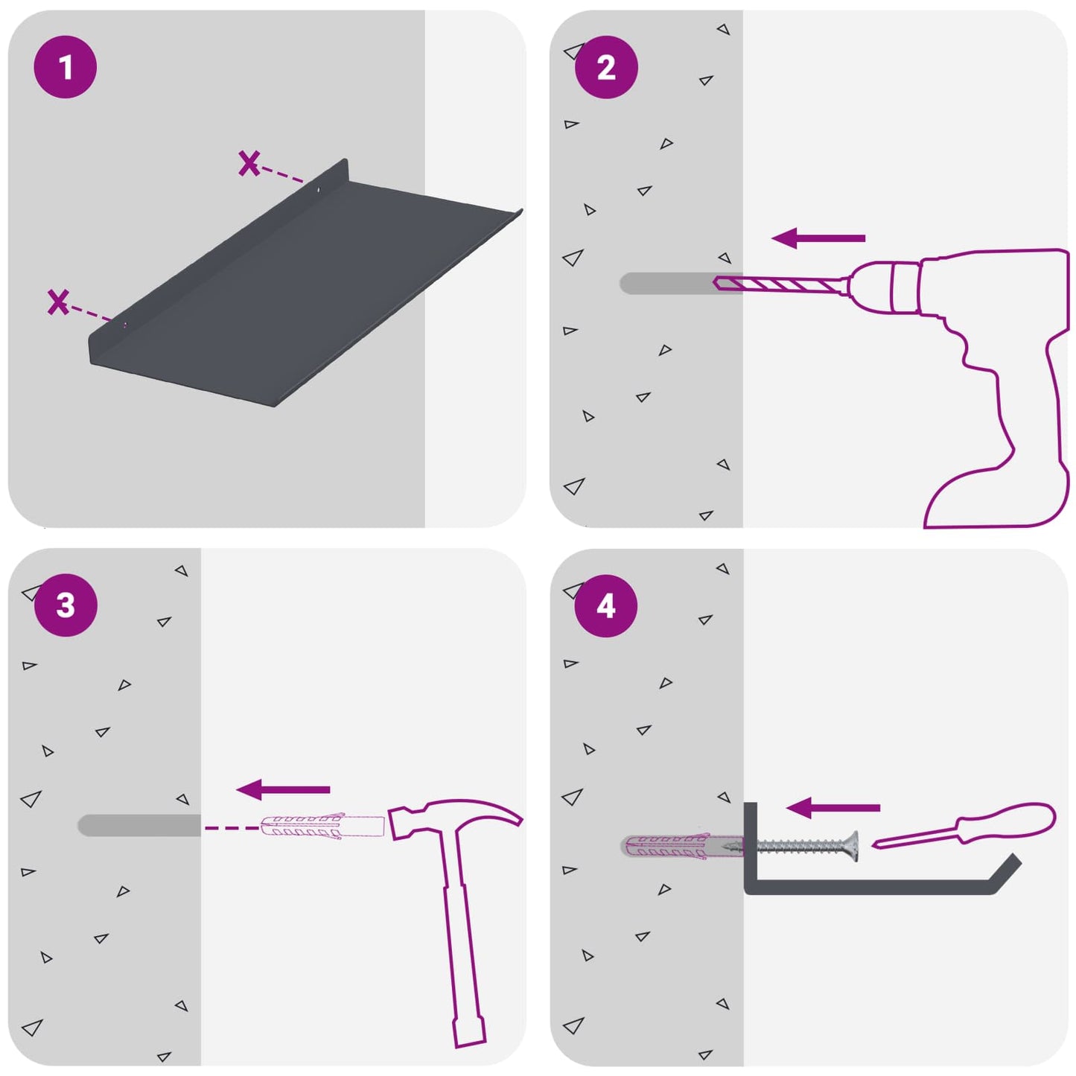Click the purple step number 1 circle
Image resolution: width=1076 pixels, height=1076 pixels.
[x=66, y=67]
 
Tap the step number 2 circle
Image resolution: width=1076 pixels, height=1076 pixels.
[x=606, y=67]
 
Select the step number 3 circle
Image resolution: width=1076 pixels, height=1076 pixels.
[x=66, y=605]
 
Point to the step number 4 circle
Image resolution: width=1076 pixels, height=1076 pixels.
[x=606, y=605]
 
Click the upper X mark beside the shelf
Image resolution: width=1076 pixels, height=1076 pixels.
[x=249, y=164]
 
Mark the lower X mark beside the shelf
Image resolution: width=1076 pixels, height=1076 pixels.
[x=58, y=302]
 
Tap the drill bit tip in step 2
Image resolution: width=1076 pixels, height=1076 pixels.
[x=715, y=282]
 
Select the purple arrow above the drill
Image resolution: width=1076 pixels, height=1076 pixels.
[x=818, y=238]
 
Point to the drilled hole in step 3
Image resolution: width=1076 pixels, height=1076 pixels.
[x=139, y=825]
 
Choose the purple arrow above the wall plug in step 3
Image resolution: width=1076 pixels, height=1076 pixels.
[x=283, y=789]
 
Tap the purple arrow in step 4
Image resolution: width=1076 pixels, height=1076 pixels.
[x=833, y=808]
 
